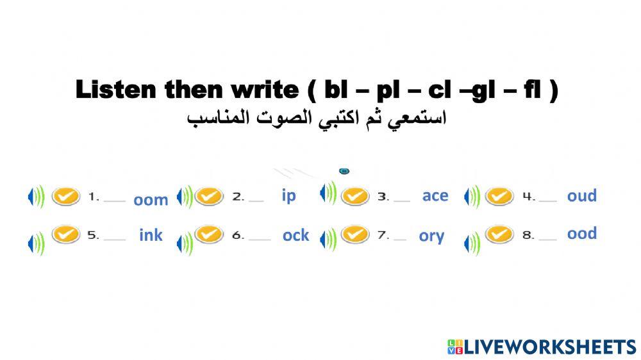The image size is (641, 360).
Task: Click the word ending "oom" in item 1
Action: pyautogui.click(x=151, y=200)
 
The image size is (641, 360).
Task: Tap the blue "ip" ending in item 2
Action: pyautogui.click(x=289, y=195)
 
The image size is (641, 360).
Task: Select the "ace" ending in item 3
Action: pyautogui.click(x=435, y=195)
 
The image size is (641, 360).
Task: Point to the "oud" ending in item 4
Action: pyautogui.click(x=581, y=195)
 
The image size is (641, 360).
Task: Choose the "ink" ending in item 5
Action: pyautogui.click(x=151, y=235)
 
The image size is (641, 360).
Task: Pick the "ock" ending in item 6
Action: pyautogui.click(x=296, y=235)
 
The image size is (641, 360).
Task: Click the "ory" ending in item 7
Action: pyautogui.click(x=431, y=236)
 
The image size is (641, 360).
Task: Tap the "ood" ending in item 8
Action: pyautogui.click(x=581, y=233)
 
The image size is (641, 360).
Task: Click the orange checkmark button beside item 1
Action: pyautogui.click(x=65, y=196)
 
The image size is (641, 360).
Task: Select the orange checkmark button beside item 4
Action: pyautogui.click(x=499, y=196)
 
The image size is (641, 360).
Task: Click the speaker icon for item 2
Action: pyautogui.click(x=185, y=197)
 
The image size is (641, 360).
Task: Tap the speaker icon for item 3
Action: pyautogui.click(x=328, y=193)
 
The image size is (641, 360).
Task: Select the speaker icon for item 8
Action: pyautogui.click(x=472, y=243)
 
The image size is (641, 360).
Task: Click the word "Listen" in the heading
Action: pyautogui.click(x=116, y=90)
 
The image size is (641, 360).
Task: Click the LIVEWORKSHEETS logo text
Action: pyautogui.click(x=549, y=347)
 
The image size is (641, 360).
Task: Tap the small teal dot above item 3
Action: pyautogui.click(x=344, y=171)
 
